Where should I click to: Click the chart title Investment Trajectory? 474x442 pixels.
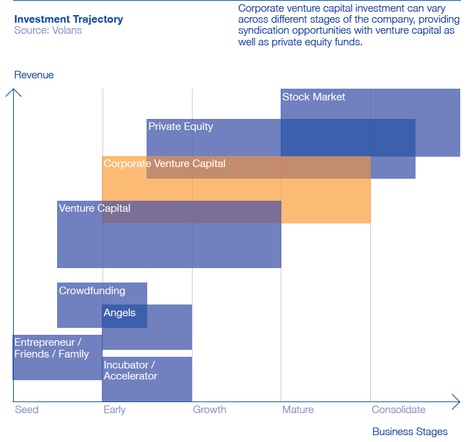point(68,19)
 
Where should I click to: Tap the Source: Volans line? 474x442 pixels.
point(47,31)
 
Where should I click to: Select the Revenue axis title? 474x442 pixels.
point(34,75)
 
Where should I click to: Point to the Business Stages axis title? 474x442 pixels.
point(409,432)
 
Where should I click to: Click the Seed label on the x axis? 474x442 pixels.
point(27,410)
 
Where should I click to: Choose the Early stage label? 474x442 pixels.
point(114,410)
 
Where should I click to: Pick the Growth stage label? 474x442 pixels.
point(209,410)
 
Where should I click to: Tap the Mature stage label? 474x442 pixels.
point(298,410)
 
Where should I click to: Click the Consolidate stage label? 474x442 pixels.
point(398,410)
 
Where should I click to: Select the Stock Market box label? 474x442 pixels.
point(314,97)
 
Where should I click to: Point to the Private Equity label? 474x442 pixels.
point(181,126)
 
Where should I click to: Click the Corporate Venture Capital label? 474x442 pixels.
point(164,164)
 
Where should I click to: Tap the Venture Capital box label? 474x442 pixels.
point(94,208)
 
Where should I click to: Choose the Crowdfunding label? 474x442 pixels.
point(92,291)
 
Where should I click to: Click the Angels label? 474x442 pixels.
point(120,313)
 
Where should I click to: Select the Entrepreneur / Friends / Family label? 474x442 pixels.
point(52,348)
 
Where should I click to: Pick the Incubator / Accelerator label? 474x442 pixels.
point(130,370)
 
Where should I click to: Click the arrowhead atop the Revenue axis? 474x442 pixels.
point(14,89)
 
